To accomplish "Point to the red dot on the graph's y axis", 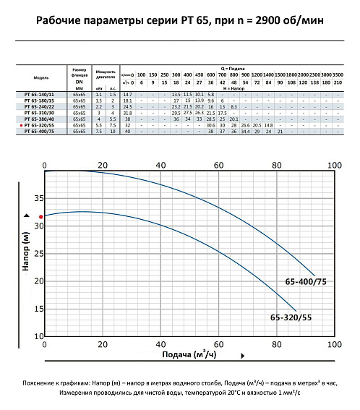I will click(x=41, y=216).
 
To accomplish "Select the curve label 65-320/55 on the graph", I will click(x=292, y=317).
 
